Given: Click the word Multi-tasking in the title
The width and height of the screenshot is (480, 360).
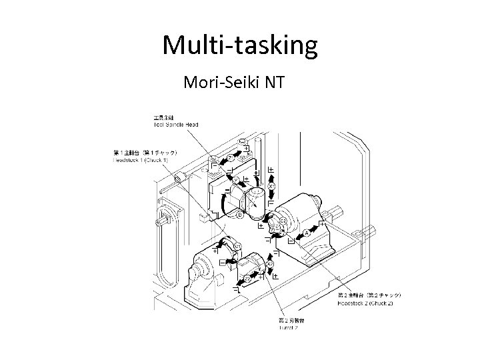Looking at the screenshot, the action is [240, 45].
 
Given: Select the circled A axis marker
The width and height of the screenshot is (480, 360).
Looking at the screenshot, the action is [306, 233].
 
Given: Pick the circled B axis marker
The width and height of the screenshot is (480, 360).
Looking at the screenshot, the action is [239, 214].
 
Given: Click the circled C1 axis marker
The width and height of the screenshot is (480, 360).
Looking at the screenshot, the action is [237, 248].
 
